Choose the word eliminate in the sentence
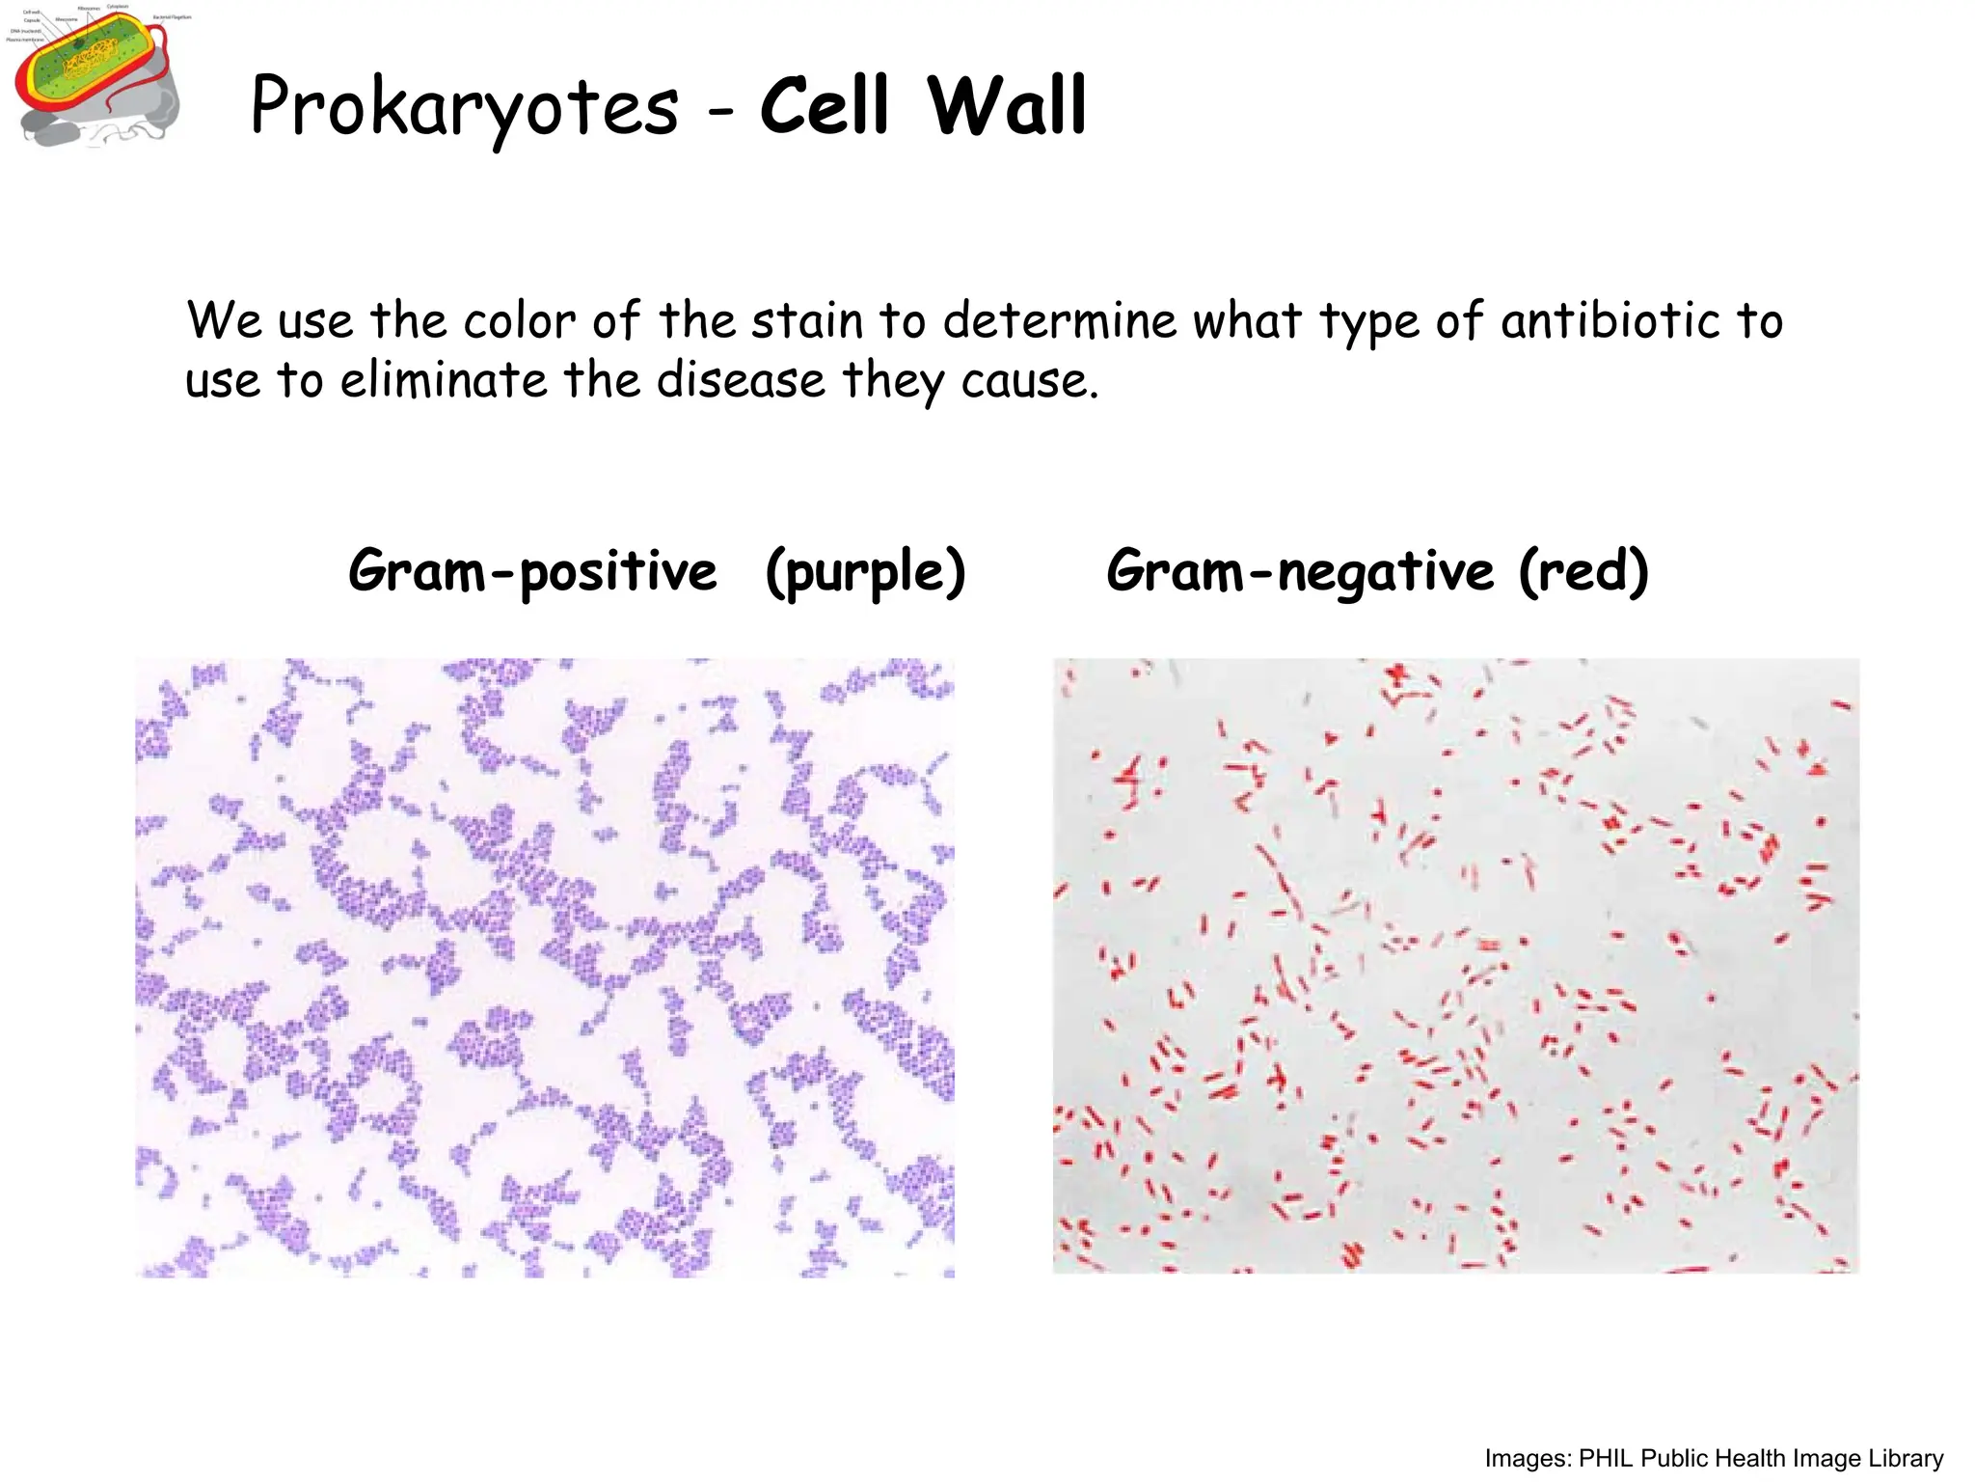[444, 380]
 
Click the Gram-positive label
[532, 571]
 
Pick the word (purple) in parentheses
[865, 571]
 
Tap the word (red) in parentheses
[1583, 571]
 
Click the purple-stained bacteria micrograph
[545, 968]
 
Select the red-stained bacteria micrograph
[1455, 966]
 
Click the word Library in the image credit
[1906, 1458]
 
